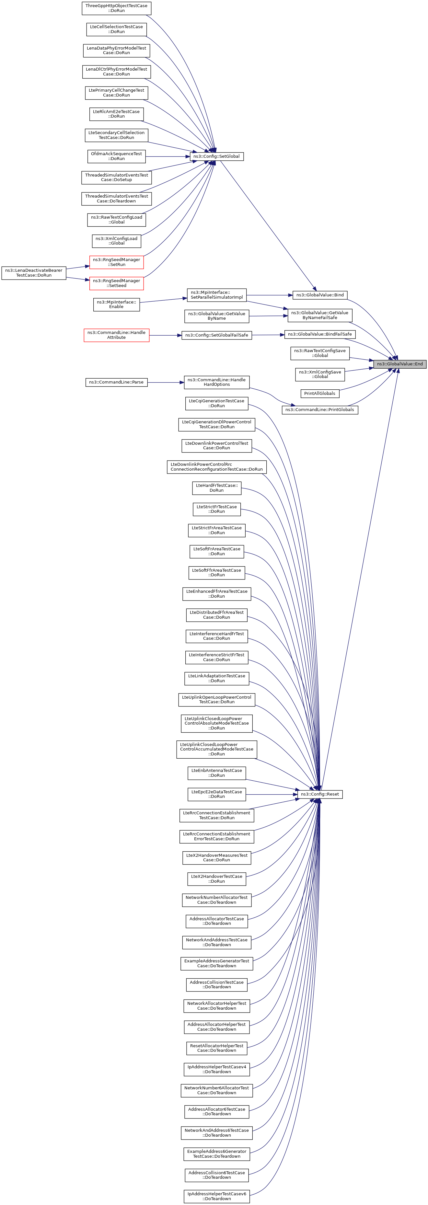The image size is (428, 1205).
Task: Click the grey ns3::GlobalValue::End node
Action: [399, 364]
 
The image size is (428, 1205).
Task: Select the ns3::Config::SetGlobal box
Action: [216, 156]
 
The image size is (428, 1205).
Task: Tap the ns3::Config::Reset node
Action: [320, 794]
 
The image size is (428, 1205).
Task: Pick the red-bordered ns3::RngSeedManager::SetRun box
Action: [116, 262]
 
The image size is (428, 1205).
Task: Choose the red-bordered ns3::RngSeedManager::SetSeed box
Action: [116, 283]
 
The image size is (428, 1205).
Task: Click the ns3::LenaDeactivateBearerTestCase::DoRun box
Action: [34, 273]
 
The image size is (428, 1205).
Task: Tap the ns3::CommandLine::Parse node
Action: [116, 382]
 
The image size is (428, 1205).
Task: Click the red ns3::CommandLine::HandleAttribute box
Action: [116, 335]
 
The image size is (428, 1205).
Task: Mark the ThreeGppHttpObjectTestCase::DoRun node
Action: [116, 8]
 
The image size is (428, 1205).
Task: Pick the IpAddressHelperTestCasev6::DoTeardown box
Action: [216, 1196]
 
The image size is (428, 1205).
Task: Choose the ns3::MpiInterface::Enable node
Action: [116, 304]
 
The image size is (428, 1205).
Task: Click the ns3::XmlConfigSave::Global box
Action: [320, 374]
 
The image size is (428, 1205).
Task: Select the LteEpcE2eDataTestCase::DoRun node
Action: [216, 794]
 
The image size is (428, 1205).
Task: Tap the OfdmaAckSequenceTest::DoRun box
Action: [116, 156]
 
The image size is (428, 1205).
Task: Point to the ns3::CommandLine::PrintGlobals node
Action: [320, 410]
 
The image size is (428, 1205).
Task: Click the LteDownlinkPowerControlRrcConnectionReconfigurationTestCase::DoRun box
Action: [216, 467]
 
